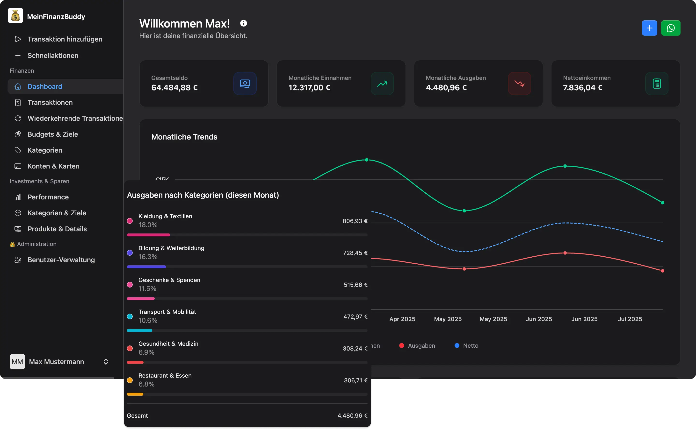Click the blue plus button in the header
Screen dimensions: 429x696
649,28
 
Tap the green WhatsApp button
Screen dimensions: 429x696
670,28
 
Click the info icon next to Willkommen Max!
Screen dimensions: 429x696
243,23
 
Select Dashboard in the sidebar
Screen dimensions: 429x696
45,86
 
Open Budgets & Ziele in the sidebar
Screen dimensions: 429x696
52,134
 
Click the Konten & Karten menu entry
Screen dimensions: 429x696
53,166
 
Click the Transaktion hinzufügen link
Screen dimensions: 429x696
65,39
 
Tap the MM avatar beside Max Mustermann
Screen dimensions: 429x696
17,361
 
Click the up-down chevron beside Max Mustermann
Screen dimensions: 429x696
106,361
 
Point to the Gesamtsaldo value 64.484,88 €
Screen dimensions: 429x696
174,88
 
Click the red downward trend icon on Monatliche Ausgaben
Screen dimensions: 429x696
519,84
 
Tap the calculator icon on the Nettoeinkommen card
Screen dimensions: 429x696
657,84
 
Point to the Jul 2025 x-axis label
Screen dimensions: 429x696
630,319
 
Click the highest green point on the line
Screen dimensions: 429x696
367,160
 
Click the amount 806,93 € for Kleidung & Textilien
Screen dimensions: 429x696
355,221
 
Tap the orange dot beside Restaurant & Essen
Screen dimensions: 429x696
130,380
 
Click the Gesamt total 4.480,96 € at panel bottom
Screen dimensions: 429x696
352,415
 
